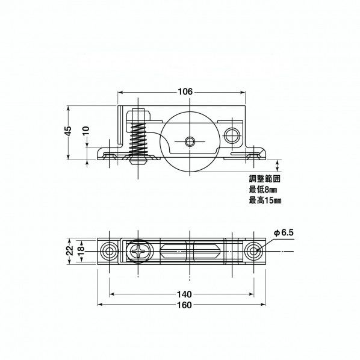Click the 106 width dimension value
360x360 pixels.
point(185,92)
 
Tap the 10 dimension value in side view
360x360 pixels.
point(85,130)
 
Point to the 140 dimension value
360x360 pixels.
point(185,294)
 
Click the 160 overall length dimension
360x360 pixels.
point(185,305)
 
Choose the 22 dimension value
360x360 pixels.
point(69,249)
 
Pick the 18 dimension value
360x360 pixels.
point(80,249)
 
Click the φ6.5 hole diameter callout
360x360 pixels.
point(283,232)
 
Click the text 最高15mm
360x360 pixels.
point(265,200)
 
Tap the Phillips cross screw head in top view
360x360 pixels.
point(137,250)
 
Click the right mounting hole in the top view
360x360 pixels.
point(255,250)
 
